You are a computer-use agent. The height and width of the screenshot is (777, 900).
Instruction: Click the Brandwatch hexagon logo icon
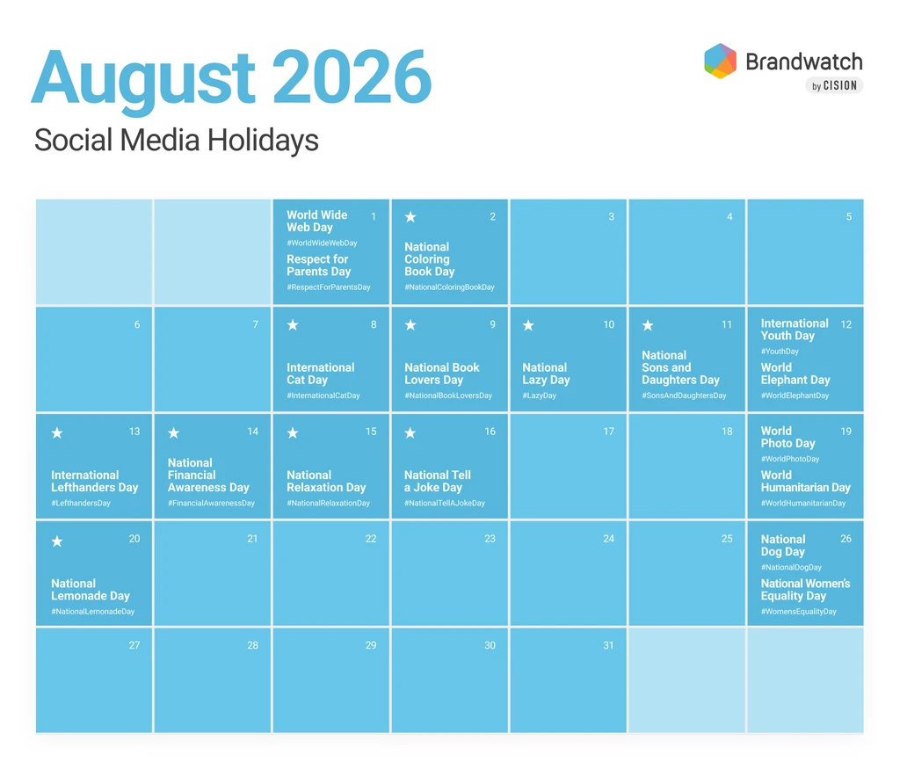(721, 61)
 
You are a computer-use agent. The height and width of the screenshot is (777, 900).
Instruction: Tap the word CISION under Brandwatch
(840, 85)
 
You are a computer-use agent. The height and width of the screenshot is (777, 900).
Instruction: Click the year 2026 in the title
(352, 76)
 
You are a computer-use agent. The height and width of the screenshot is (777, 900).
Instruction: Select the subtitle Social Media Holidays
(176, 140)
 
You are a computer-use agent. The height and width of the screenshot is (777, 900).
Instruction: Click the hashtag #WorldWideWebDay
(322, 243)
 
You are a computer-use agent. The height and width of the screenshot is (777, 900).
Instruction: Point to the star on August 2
(410, 217)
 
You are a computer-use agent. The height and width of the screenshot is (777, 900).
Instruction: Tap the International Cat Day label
(320, 374)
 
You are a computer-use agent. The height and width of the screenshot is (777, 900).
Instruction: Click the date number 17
(608, 432)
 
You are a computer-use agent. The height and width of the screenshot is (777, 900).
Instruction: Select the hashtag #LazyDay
(539, 396)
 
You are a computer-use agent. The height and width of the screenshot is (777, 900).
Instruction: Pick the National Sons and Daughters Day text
(680, 367)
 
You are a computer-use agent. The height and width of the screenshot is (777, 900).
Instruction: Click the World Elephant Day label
(795, 374)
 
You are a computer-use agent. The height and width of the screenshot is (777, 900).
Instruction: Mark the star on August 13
(57, 432)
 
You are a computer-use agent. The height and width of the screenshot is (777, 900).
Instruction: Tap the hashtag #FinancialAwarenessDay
(211, 504)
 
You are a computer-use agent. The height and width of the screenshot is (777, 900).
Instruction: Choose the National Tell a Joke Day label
(438, 481)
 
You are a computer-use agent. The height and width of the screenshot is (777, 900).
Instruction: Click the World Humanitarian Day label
(805, 481)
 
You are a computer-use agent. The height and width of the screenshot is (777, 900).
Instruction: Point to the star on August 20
(57, 541)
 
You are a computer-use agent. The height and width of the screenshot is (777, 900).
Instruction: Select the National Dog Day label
(783, 545)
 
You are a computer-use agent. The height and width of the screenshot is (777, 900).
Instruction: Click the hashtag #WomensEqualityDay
(798, 612)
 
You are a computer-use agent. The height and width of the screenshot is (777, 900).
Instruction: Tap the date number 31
(608, 645)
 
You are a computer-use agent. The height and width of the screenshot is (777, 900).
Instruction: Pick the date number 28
(252, 645)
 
